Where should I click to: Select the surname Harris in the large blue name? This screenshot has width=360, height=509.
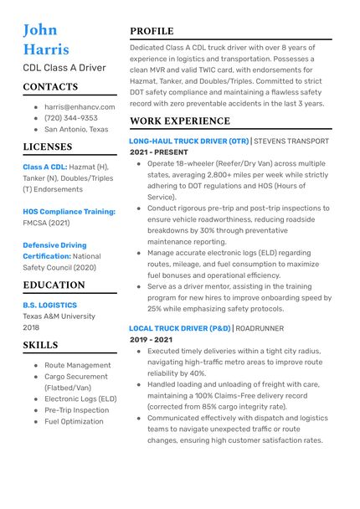[x=46, y=49]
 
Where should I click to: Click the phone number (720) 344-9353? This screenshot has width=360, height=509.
[x=71, y=119]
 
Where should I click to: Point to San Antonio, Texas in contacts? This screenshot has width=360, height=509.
[x=76, y=130]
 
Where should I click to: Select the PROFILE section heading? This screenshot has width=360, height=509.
[x=152, y=32]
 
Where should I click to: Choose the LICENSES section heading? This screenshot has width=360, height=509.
[x=47, y=147]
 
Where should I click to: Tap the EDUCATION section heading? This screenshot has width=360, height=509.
[x=54, y=285]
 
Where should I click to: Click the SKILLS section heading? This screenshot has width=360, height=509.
[x=40, y=345]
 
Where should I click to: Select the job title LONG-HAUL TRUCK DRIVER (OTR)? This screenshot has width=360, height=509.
[x=189, y=141]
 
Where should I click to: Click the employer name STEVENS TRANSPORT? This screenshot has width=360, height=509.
[x=291, y=141]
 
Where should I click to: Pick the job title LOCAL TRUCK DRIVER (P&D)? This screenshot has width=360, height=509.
[x=179, y=329]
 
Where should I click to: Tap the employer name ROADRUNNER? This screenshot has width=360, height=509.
[x=260, y=329]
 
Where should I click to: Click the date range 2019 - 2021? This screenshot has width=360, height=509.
[x=151, y=340]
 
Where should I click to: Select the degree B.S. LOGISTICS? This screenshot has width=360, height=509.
[x=49, y=306]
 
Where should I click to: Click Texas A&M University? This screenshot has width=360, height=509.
[x=59, y=316]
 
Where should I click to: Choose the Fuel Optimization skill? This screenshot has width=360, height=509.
[x=75, y=422]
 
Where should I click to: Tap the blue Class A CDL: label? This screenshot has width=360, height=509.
[x=45, y=167]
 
